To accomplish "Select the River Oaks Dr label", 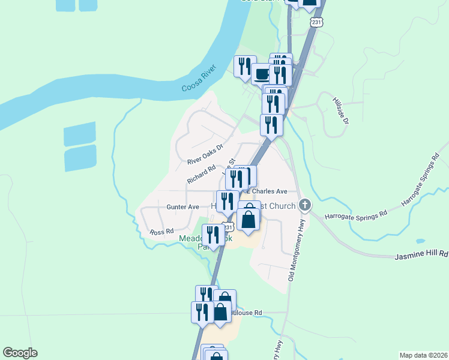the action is pos(205,154).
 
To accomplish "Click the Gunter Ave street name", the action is pos(182,207).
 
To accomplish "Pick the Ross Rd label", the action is pos(161,231).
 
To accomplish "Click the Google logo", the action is pos(20,353).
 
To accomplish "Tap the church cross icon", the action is pos(305,206).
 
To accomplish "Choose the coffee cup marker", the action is pos(262,74).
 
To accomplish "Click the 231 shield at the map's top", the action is pos(317,22).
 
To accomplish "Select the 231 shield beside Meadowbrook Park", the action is pos(228,227).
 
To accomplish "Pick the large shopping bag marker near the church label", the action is pos(249,219).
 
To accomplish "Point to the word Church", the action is pos(282,206).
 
